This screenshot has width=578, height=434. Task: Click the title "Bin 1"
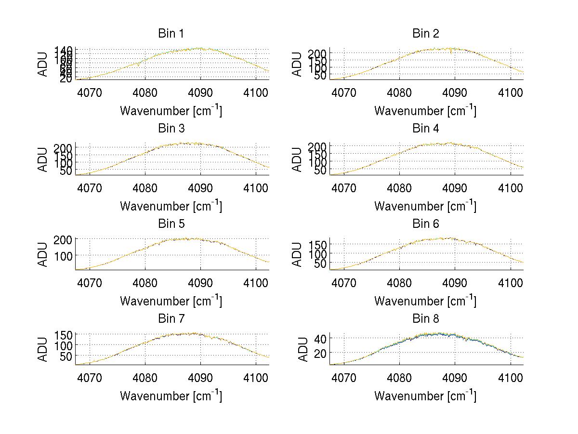click(171, 34)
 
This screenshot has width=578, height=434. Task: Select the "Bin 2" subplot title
click(425, 34)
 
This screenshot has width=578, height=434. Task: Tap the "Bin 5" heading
click(171, 224)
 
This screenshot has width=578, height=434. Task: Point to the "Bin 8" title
click(425, 319)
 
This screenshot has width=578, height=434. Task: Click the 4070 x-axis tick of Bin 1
click(90, 92)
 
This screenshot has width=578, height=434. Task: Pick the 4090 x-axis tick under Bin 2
click(455, 92)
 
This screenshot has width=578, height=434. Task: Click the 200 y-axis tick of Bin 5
click(66, 239)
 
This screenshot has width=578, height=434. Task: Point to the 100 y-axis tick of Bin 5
click(66, 255)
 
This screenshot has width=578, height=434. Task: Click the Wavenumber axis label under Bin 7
click(171, 396)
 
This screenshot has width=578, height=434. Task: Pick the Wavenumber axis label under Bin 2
click(425, 111)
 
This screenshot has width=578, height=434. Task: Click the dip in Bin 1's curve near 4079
click(138, 65)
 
